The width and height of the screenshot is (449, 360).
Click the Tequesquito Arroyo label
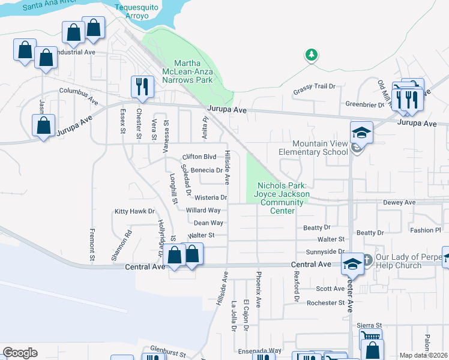[139, 13]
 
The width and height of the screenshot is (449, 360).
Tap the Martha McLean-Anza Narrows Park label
[193, 71]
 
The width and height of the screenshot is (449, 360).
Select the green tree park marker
[311, 55]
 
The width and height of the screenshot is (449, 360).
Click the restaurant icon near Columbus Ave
[142, 87]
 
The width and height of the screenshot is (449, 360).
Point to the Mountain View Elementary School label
[320, 148]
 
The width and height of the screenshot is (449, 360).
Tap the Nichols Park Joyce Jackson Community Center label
[282, 198]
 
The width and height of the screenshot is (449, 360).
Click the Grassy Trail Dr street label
[314, 88]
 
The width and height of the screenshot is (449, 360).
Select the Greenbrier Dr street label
[364, 103]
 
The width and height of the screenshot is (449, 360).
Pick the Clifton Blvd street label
[199, 157]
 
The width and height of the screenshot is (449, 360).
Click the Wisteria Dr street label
[211, 197]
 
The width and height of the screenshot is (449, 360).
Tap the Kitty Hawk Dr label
[135, 211]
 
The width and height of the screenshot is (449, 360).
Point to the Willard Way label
[203, 211]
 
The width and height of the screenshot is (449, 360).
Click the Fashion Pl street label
[426, 230]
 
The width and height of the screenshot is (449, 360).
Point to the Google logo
[20, 352]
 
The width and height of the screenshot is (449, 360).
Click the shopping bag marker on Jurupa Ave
[43, 126]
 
